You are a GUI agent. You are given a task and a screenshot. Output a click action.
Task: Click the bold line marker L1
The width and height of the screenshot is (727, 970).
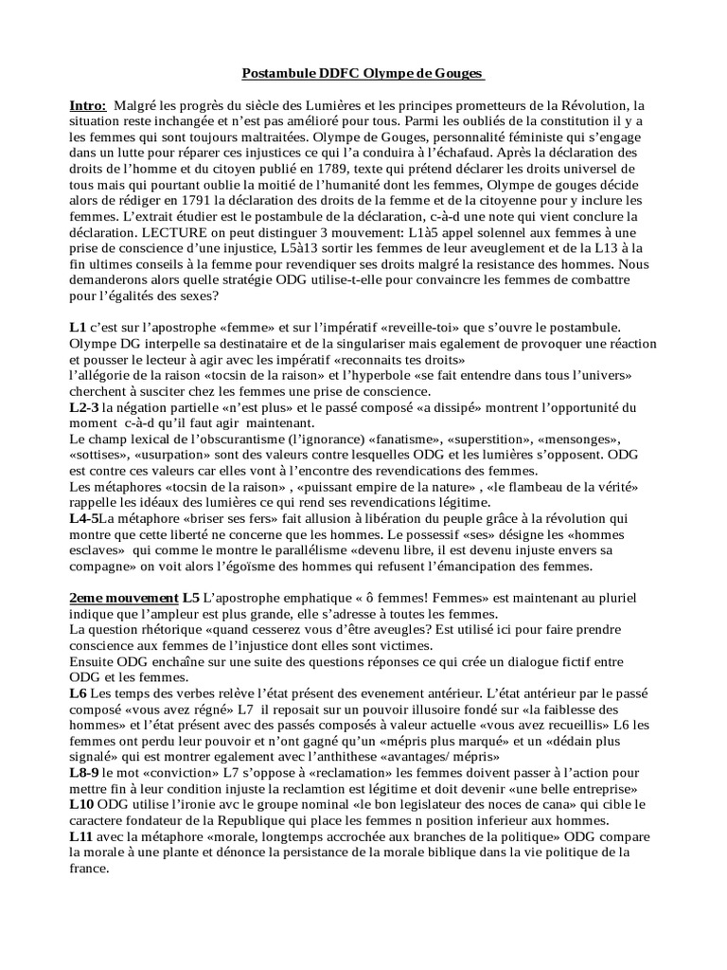(x=78, y=327)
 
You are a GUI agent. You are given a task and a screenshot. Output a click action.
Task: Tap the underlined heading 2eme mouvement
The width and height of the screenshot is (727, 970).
(x=123, y=599)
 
